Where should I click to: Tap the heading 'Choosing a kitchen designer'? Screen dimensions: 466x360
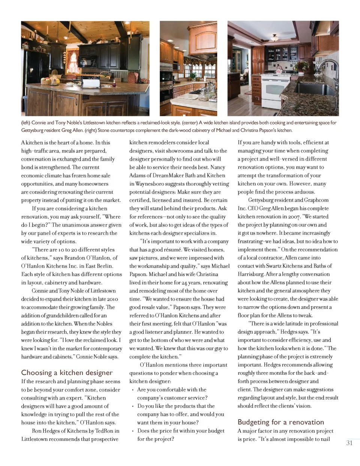click(67, 372)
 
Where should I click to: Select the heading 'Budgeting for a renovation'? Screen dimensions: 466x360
click(280, 422)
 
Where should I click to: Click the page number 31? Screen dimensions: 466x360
click(349, 443)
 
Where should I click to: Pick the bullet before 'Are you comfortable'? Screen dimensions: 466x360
click(133, 390)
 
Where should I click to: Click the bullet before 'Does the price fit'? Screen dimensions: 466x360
click(133, 431)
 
